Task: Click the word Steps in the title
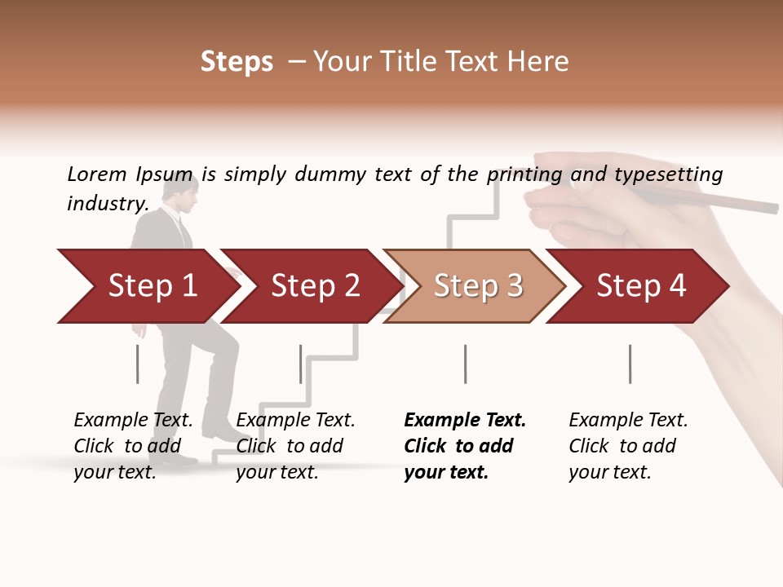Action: click(x=237, y=62)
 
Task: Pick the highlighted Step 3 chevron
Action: click(x=478, y=285)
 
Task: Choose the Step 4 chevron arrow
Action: click(x=641, y=285)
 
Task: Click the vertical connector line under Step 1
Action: click(x=138, y=364)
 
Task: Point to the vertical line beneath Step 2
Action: click(x=301, y=364)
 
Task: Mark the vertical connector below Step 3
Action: click(x=465, y=364)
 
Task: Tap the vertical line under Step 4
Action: click(x=630, y=364)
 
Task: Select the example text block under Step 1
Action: click(x=133, y=445)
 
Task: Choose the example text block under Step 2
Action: click(x=295, y=445)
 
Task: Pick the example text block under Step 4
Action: click(x=628, y=445)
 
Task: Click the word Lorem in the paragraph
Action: click(x=97, y=174)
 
